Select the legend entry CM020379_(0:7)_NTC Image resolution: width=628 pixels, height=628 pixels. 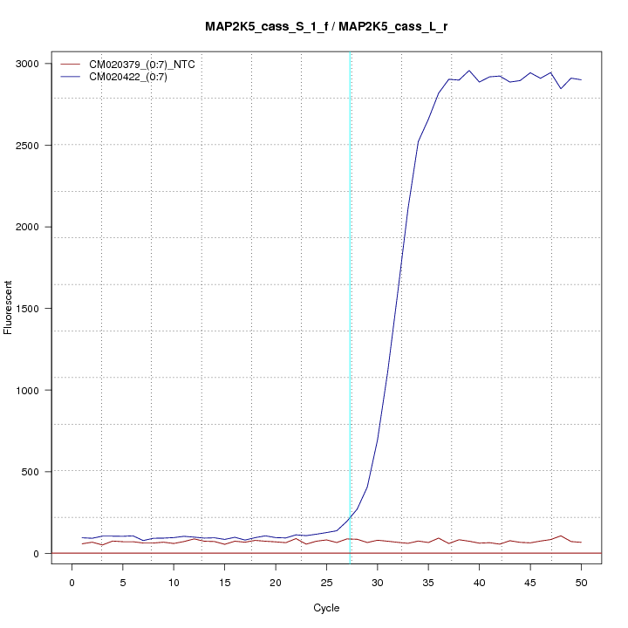147,64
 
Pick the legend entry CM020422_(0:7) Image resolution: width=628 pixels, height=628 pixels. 134,77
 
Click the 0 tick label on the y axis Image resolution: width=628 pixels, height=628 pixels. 38,553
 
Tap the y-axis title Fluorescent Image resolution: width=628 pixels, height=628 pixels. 9,308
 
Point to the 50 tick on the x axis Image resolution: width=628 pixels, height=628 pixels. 581,580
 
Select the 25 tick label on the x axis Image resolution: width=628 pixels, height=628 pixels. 326,580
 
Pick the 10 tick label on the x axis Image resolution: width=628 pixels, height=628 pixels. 174,580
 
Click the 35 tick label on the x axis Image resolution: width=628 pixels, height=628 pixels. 428,580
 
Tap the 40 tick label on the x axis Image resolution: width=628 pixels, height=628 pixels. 479,580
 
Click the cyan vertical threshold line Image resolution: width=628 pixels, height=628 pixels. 351,305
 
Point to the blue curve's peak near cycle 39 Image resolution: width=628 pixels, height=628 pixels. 469,71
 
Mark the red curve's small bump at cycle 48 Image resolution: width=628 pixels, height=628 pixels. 561,536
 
